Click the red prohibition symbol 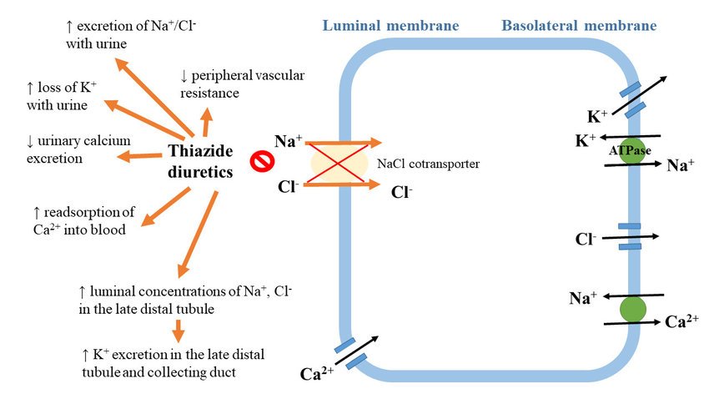260,158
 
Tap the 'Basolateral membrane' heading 579,26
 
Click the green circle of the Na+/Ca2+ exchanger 633,309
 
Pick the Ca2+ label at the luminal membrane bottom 316,372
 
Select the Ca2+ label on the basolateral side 681,322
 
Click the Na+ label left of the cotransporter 288,142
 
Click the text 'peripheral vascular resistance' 221,85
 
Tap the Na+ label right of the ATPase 680,165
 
